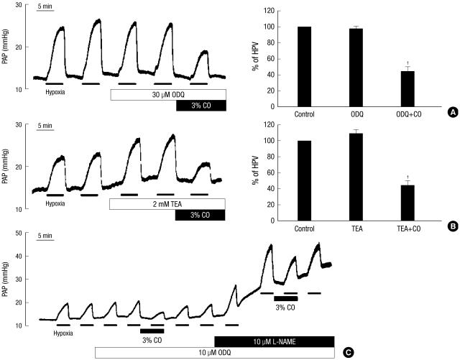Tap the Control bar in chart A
click(304, 67)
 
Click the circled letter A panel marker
click(453, 112)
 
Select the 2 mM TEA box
click(167, 204)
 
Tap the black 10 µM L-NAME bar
click(274, 340)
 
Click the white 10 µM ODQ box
click(214, 352)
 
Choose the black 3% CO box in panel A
click(201, 106)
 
